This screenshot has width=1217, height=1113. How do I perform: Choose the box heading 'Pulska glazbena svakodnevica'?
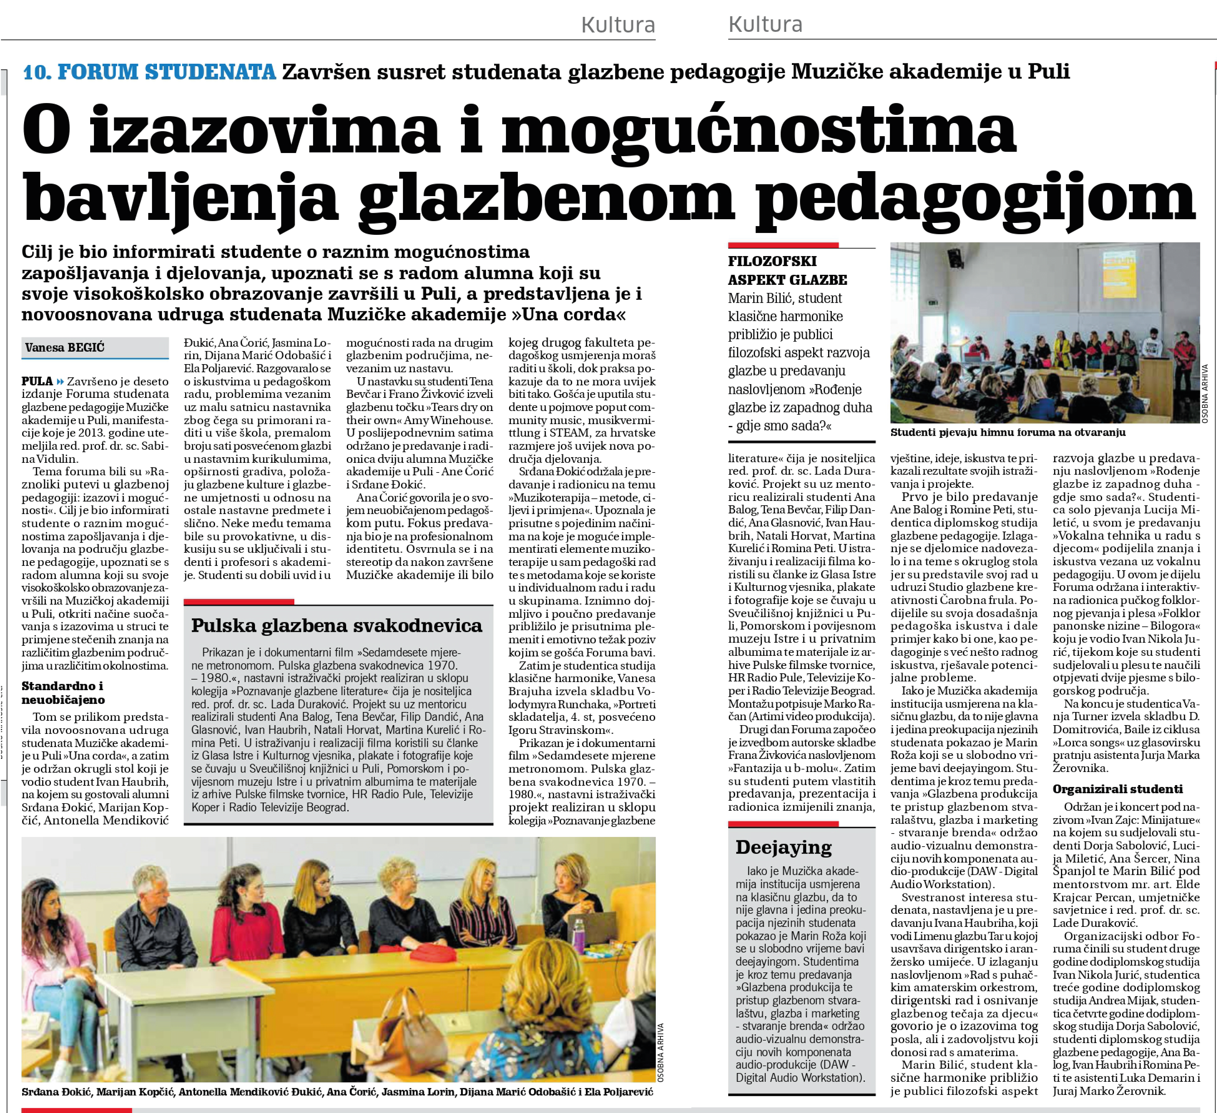coord(337,626)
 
